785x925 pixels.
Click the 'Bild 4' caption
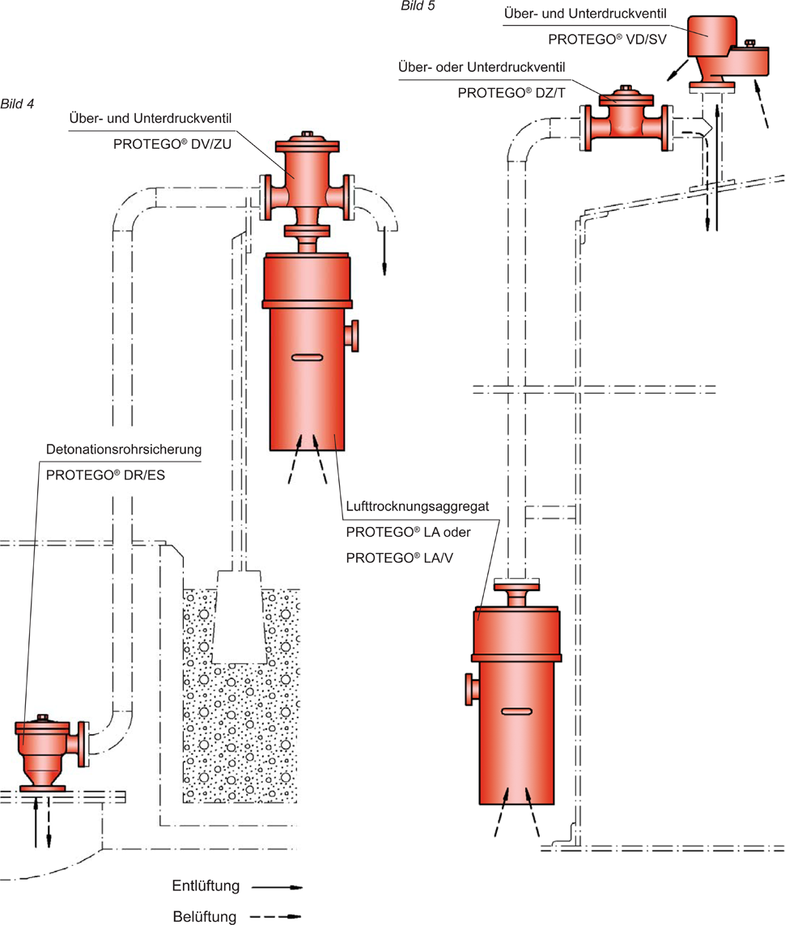pos(17,103)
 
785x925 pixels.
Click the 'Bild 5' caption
pos(418,6)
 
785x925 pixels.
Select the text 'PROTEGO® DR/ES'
pos(105,475)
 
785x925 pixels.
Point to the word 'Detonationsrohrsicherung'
pos(123,448)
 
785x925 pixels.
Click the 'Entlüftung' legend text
pos(206,885)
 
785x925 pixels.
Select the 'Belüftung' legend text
pos(205,917)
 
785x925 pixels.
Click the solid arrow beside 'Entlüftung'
pos(277,887)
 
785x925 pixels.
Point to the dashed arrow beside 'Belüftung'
pos(277,917)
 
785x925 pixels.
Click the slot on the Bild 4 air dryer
pos(308,357)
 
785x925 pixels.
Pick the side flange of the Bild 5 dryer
pos(469,688)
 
